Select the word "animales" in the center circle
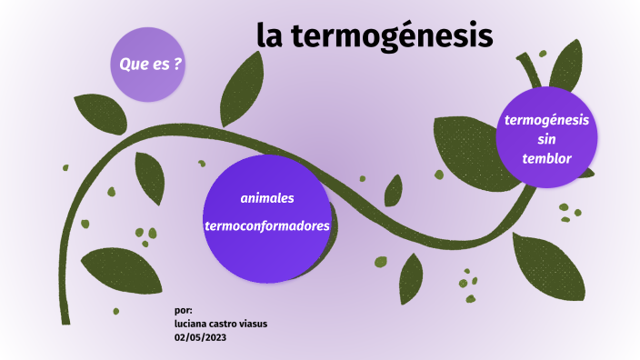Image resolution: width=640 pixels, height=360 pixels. pos(267,198)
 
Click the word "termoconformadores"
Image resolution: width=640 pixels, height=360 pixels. pos(267,226)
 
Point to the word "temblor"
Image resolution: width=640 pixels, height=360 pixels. pos(546,157)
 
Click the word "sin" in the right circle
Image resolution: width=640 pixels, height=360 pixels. pos(546,138)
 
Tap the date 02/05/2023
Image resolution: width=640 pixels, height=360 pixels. pos(200,337)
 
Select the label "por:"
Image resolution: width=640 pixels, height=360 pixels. pos(183,310)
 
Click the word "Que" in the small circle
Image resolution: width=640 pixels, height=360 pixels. pos(133,64)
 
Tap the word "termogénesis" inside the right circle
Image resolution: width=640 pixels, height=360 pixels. pos(546,119)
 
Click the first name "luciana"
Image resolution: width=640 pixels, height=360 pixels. pos(192,324)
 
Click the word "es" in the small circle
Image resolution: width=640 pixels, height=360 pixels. pos(159,64)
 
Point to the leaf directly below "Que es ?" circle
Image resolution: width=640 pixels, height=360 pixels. pos(98,112)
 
